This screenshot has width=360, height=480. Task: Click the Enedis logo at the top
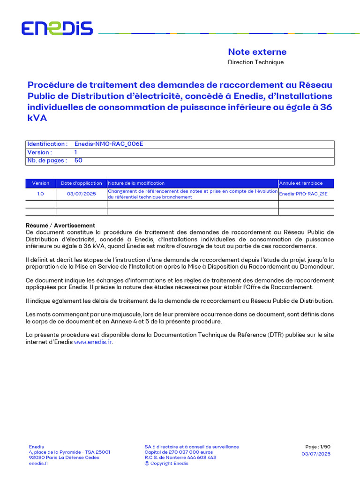(57, 29)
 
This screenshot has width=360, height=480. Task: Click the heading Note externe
(257, 52)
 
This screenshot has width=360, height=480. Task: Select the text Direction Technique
(255, 62)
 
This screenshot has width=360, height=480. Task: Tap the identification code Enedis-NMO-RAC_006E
(109, 144)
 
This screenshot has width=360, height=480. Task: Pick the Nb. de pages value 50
(78, 161)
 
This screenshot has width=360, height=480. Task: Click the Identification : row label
(47, 144)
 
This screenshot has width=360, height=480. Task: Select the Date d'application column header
(82, 183)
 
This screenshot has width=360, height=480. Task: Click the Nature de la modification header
(136, 183)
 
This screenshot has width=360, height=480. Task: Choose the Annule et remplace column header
(301, 183)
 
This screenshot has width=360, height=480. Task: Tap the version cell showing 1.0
(40, 194)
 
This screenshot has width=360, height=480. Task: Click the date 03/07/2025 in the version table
(82, 194)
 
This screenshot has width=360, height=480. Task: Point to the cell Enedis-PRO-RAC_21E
(303, 194)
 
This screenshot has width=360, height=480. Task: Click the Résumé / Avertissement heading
(60, 225)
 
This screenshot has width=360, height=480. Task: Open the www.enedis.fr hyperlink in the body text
(93, 342)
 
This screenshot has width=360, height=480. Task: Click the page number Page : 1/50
(318, 447)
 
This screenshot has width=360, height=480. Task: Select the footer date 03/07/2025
(316, 454)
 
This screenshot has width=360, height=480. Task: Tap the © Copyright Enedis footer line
(166, 464)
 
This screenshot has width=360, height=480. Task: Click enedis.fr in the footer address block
(38, 464)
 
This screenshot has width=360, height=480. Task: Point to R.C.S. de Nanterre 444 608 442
(180, 457)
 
